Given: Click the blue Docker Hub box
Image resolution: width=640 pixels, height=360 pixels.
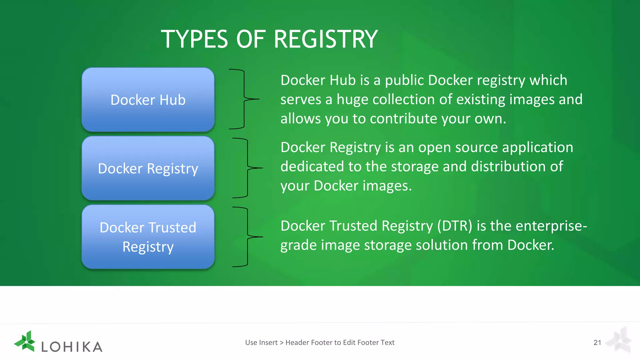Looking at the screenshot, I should (x=148, y=100).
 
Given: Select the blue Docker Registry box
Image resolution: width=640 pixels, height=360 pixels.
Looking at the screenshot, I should (x=148, y=168).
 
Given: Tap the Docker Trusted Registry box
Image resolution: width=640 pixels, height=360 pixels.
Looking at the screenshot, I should (x=148, y=237).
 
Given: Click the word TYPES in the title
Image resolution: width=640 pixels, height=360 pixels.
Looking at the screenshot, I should (x=194, y=39).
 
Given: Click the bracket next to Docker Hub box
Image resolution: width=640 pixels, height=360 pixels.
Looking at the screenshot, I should (x=244, y=99).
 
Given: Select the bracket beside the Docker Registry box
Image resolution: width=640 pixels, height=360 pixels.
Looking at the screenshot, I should (x=247, y=168).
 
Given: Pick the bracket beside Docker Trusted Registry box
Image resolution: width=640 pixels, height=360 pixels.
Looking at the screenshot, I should (x=247, y=237).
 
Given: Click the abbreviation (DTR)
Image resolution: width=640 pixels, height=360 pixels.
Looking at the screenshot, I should (x=455, y=226).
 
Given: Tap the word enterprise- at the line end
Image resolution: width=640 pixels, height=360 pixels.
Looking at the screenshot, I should (x=551, y=226).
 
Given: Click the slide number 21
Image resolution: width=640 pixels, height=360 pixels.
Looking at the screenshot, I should (x=597, y=342).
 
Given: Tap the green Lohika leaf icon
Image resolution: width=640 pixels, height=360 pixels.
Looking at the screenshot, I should (x=25, y=341).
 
